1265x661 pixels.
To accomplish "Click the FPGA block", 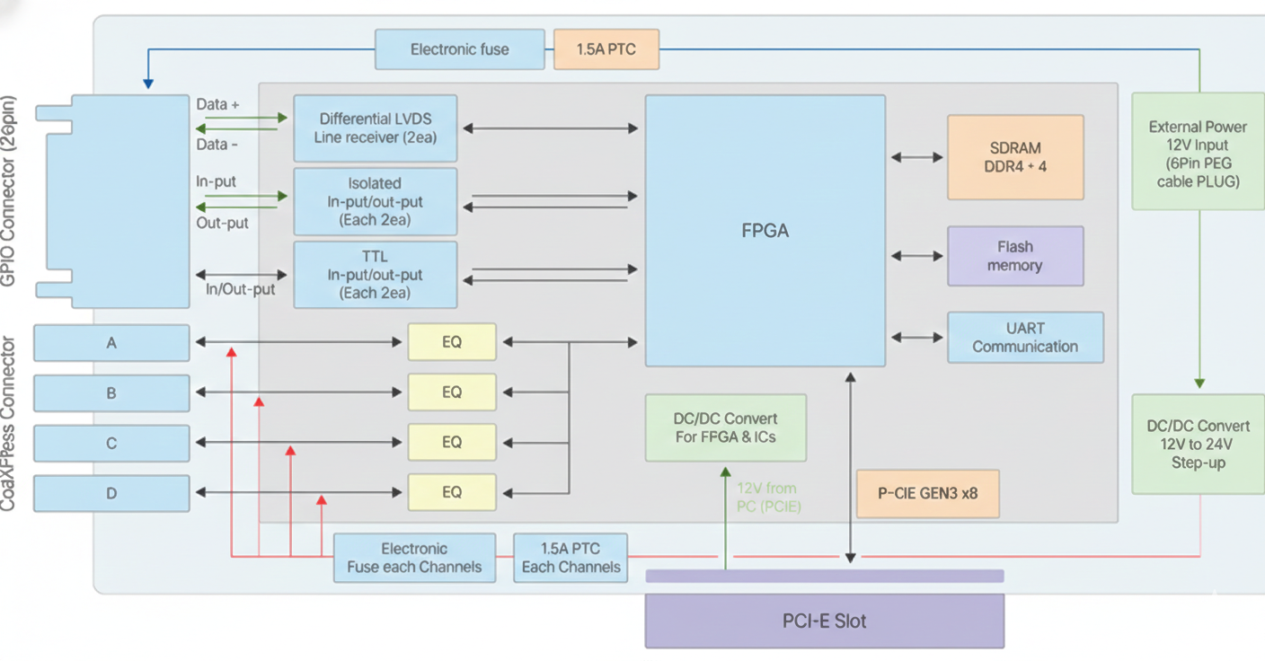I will [x=765, y=231].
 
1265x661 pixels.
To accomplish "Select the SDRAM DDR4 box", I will [x=1015, y=157].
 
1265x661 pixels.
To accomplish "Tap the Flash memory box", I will [x=1015, y=256].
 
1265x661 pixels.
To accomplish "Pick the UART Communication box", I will [x=1025, y=338].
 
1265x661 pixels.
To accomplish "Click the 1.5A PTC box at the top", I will [x=606, y=49].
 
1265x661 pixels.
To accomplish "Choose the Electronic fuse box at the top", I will [x=459, y=49].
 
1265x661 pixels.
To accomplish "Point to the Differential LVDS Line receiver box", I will [x=375, y=128].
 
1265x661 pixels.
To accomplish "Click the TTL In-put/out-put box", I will [x=375, y=275].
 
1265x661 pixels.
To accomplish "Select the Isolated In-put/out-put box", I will [x=375, y=201].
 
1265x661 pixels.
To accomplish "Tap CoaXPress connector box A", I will [x=111, y=343].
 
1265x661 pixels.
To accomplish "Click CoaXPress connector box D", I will [x=111, y=493].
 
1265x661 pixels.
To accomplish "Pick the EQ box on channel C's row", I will [x=452, y=442].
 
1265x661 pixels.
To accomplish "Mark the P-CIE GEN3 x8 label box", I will [x=927, y=493].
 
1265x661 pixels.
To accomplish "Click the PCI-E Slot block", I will [x=824, y=621].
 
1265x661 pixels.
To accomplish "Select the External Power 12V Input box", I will [x=1198, y=153].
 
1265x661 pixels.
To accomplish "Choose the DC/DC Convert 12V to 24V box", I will [x=1198, y=444].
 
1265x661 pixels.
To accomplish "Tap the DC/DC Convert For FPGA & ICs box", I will [x=725, y=427].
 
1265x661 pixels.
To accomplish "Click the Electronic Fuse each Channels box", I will [x=414, y=558].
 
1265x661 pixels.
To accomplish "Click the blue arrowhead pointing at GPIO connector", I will [x=148, y=84].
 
